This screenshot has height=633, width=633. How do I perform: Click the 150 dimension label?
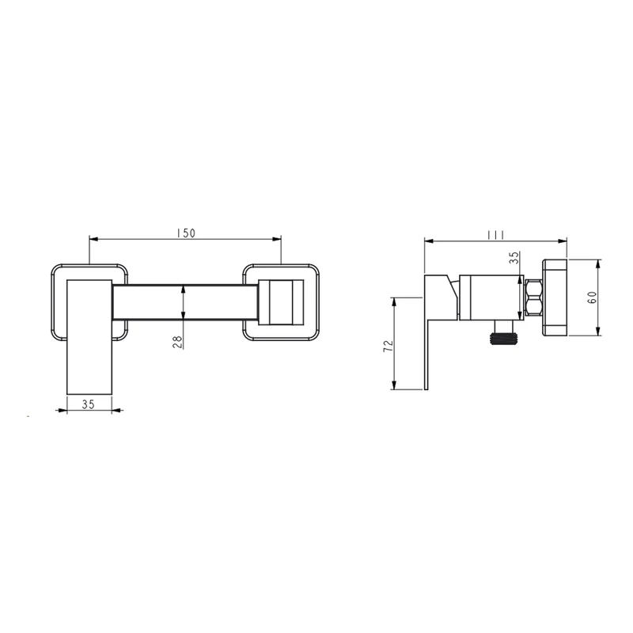point(186,233)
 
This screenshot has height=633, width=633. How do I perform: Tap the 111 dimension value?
point(495,234)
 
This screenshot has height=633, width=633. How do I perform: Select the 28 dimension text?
point(178,343)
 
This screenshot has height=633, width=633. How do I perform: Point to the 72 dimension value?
point(388,346)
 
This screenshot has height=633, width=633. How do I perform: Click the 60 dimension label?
point(592,298)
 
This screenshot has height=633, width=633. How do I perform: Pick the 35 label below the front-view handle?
point(88,404)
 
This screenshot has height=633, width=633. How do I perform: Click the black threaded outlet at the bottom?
point(503,339)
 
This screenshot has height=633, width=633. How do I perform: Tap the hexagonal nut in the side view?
point(533,298)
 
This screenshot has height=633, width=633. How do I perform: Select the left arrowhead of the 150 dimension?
point(93,239)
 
